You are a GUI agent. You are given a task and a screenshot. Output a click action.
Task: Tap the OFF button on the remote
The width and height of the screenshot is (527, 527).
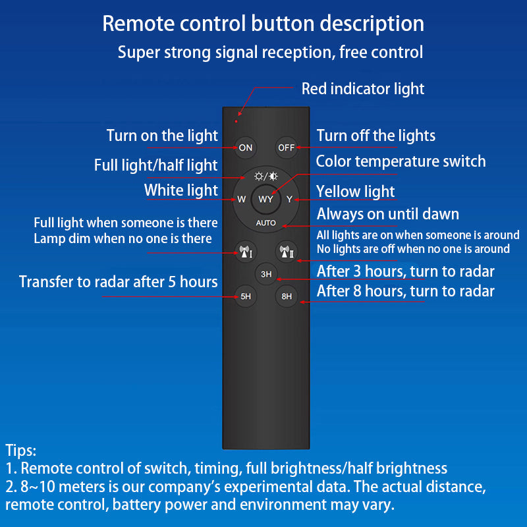pos(287,148)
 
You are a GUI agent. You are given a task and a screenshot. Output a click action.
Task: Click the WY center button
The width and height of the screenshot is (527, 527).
pos(266,200)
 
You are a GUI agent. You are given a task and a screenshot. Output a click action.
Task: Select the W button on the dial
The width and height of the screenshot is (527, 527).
pos(241,200)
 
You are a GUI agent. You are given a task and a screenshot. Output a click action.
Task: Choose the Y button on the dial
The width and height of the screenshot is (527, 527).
pos(289,200)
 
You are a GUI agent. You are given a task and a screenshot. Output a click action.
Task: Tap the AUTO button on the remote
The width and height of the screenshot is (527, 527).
pos(266,223)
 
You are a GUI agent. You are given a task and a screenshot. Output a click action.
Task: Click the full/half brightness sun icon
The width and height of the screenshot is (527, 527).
pos(266,176)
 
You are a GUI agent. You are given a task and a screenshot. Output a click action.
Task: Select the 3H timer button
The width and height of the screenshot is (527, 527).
pos(266,274)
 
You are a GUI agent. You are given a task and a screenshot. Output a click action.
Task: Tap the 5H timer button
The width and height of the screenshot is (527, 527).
pos(246,296)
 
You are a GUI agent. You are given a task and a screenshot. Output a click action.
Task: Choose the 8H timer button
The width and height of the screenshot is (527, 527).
pos(287,296)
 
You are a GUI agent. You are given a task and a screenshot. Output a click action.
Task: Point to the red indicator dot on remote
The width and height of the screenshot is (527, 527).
pos(236,121)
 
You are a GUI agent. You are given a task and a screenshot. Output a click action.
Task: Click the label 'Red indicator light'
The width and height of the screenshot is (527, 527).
pos(363,89)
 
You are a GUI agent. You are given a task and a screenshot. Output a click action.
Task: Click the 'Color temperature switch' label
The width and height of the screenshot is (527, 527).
pos(401,161)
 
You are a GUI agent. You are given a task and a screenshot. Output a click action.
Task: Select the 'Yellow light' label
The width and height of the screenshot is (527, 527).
pos(355,192)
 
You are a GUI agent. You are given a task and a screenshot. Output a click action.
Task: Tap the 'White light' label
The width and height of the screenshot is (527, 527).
pos(181,190)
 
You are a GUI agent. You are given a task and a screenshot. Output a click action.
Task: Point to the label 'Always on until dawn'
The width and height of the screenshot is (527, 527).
pos(388,214)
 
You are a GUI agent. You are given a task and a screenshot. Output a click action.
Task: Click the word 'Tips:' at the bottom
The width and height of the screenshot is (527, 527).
pos(21,451)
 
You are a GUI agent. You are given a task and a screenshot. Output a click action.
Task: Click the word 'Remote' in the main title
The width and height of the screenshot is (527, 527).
pos(138,24)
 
